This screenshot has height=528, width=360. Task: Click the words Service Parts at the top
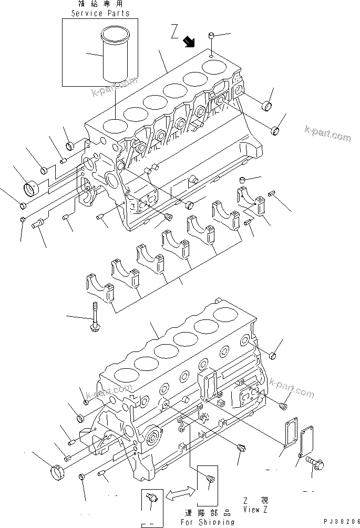(x=100, y=13)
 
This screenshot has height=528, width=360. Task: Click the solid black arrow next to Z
(x=189, y=42)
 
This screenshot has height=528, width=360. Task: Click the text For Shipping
(x=208, y=522)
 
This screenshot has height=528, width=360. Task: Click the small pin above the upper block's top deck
(x=210, y=37)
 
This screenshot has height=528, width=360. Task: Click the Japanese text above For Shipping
(x=208, y=513)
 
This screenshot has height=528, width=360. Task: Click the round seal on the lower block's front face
(x=154, y=440)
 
